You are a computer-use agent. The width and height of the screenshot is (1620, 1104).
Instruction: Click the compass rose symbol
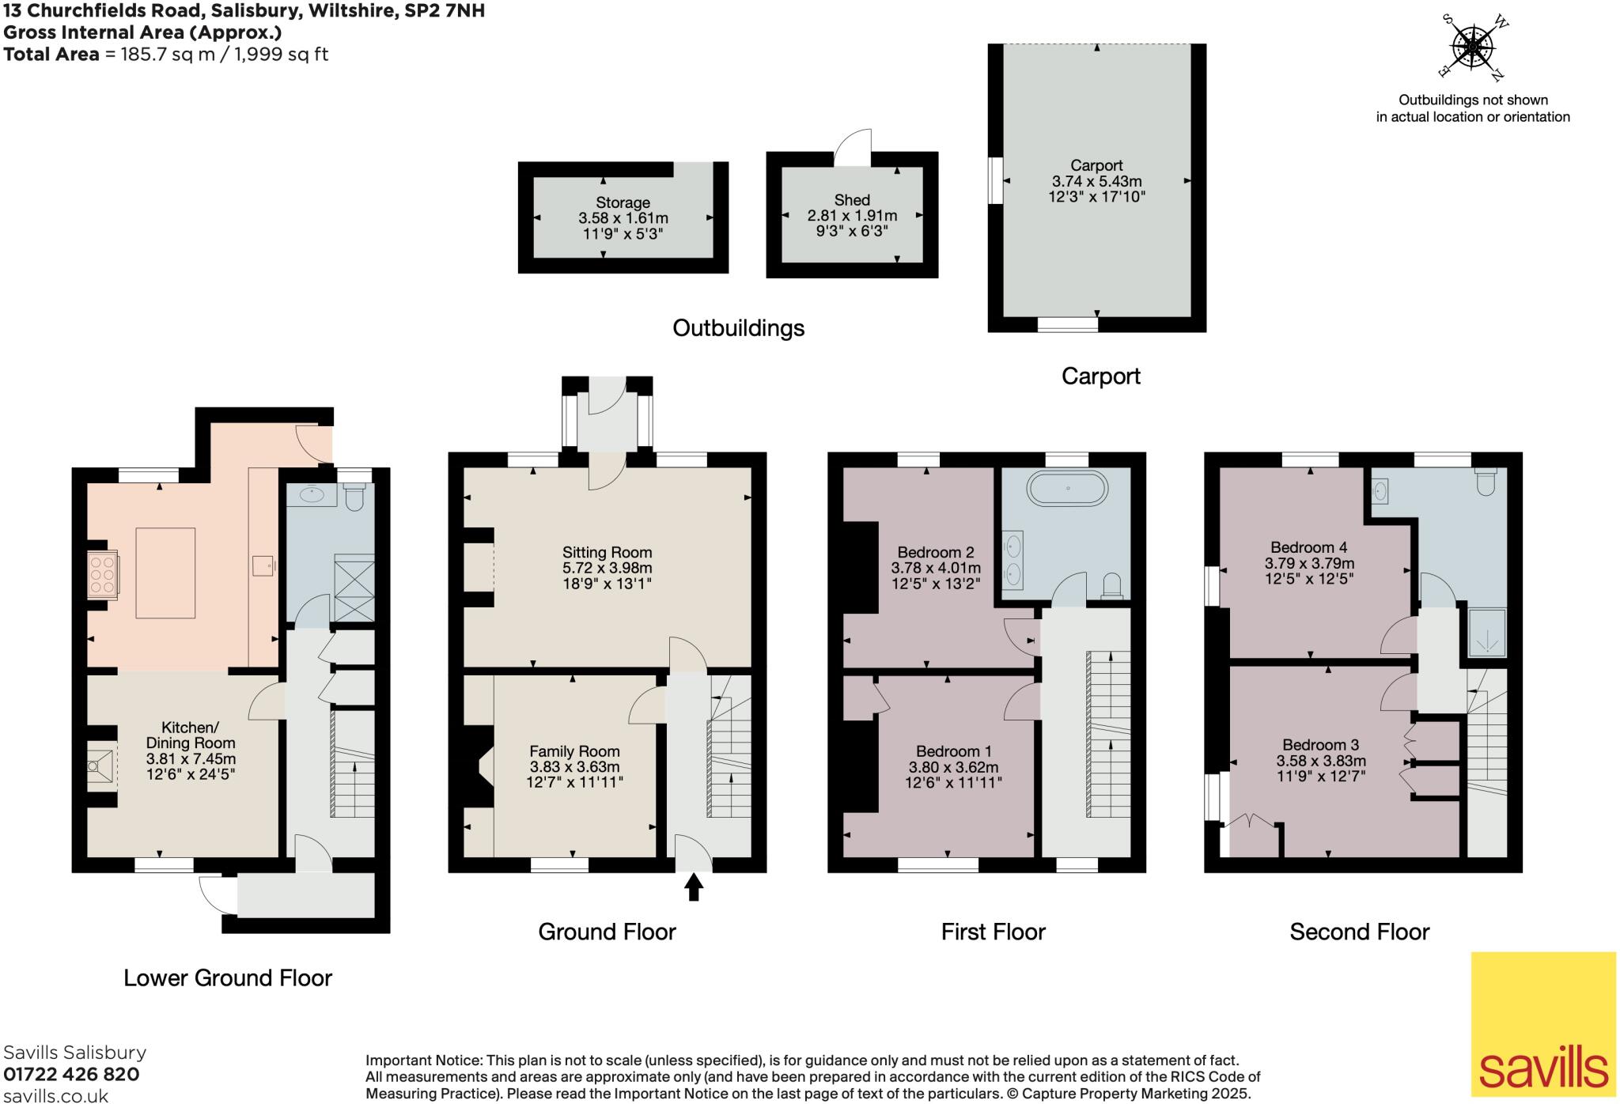point(1471,47)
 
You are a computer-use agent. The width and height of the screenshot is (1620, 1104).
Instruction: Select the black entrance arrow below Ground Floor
point(694,887)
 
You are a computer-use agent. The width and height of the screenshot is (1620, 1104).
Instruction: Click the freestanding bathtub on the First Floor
point(1067,488)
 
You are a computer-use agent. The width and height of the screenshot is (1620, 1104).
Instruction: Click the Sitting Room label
point(607,552)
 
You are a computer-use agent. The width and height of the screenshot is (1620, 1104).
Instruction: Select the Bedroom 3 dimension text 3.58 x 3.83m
point(1320,761)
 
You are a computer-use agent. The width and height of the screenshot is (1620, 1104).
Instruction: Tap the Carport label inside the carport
point(1096,165)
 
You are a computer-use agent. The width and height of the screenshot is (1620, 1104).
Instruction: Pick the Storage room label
point(623,202)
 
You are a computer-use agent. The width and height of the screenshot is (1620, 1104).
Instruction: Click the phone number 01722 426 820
point(71,1074)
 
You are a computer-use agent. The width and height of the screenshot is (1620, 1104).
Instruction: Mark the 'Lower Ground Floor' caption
point(228,977)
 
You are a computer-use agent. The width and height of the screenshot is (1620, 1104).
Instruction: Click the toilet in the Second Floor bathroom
point(1486,482)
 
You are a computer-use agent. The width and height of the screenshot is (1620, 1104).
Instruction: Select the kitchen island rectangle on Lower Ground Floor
point(165,573)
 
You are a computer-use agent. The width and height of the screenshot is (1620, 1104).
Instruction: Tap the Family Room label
point(574,751)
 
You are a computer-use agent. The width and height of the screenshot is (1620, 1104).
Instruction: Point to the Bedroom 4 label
point(1308,547)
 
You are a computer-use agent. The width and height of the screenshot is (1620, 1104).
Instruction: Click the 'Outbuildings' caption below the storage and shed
point(738,327)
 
